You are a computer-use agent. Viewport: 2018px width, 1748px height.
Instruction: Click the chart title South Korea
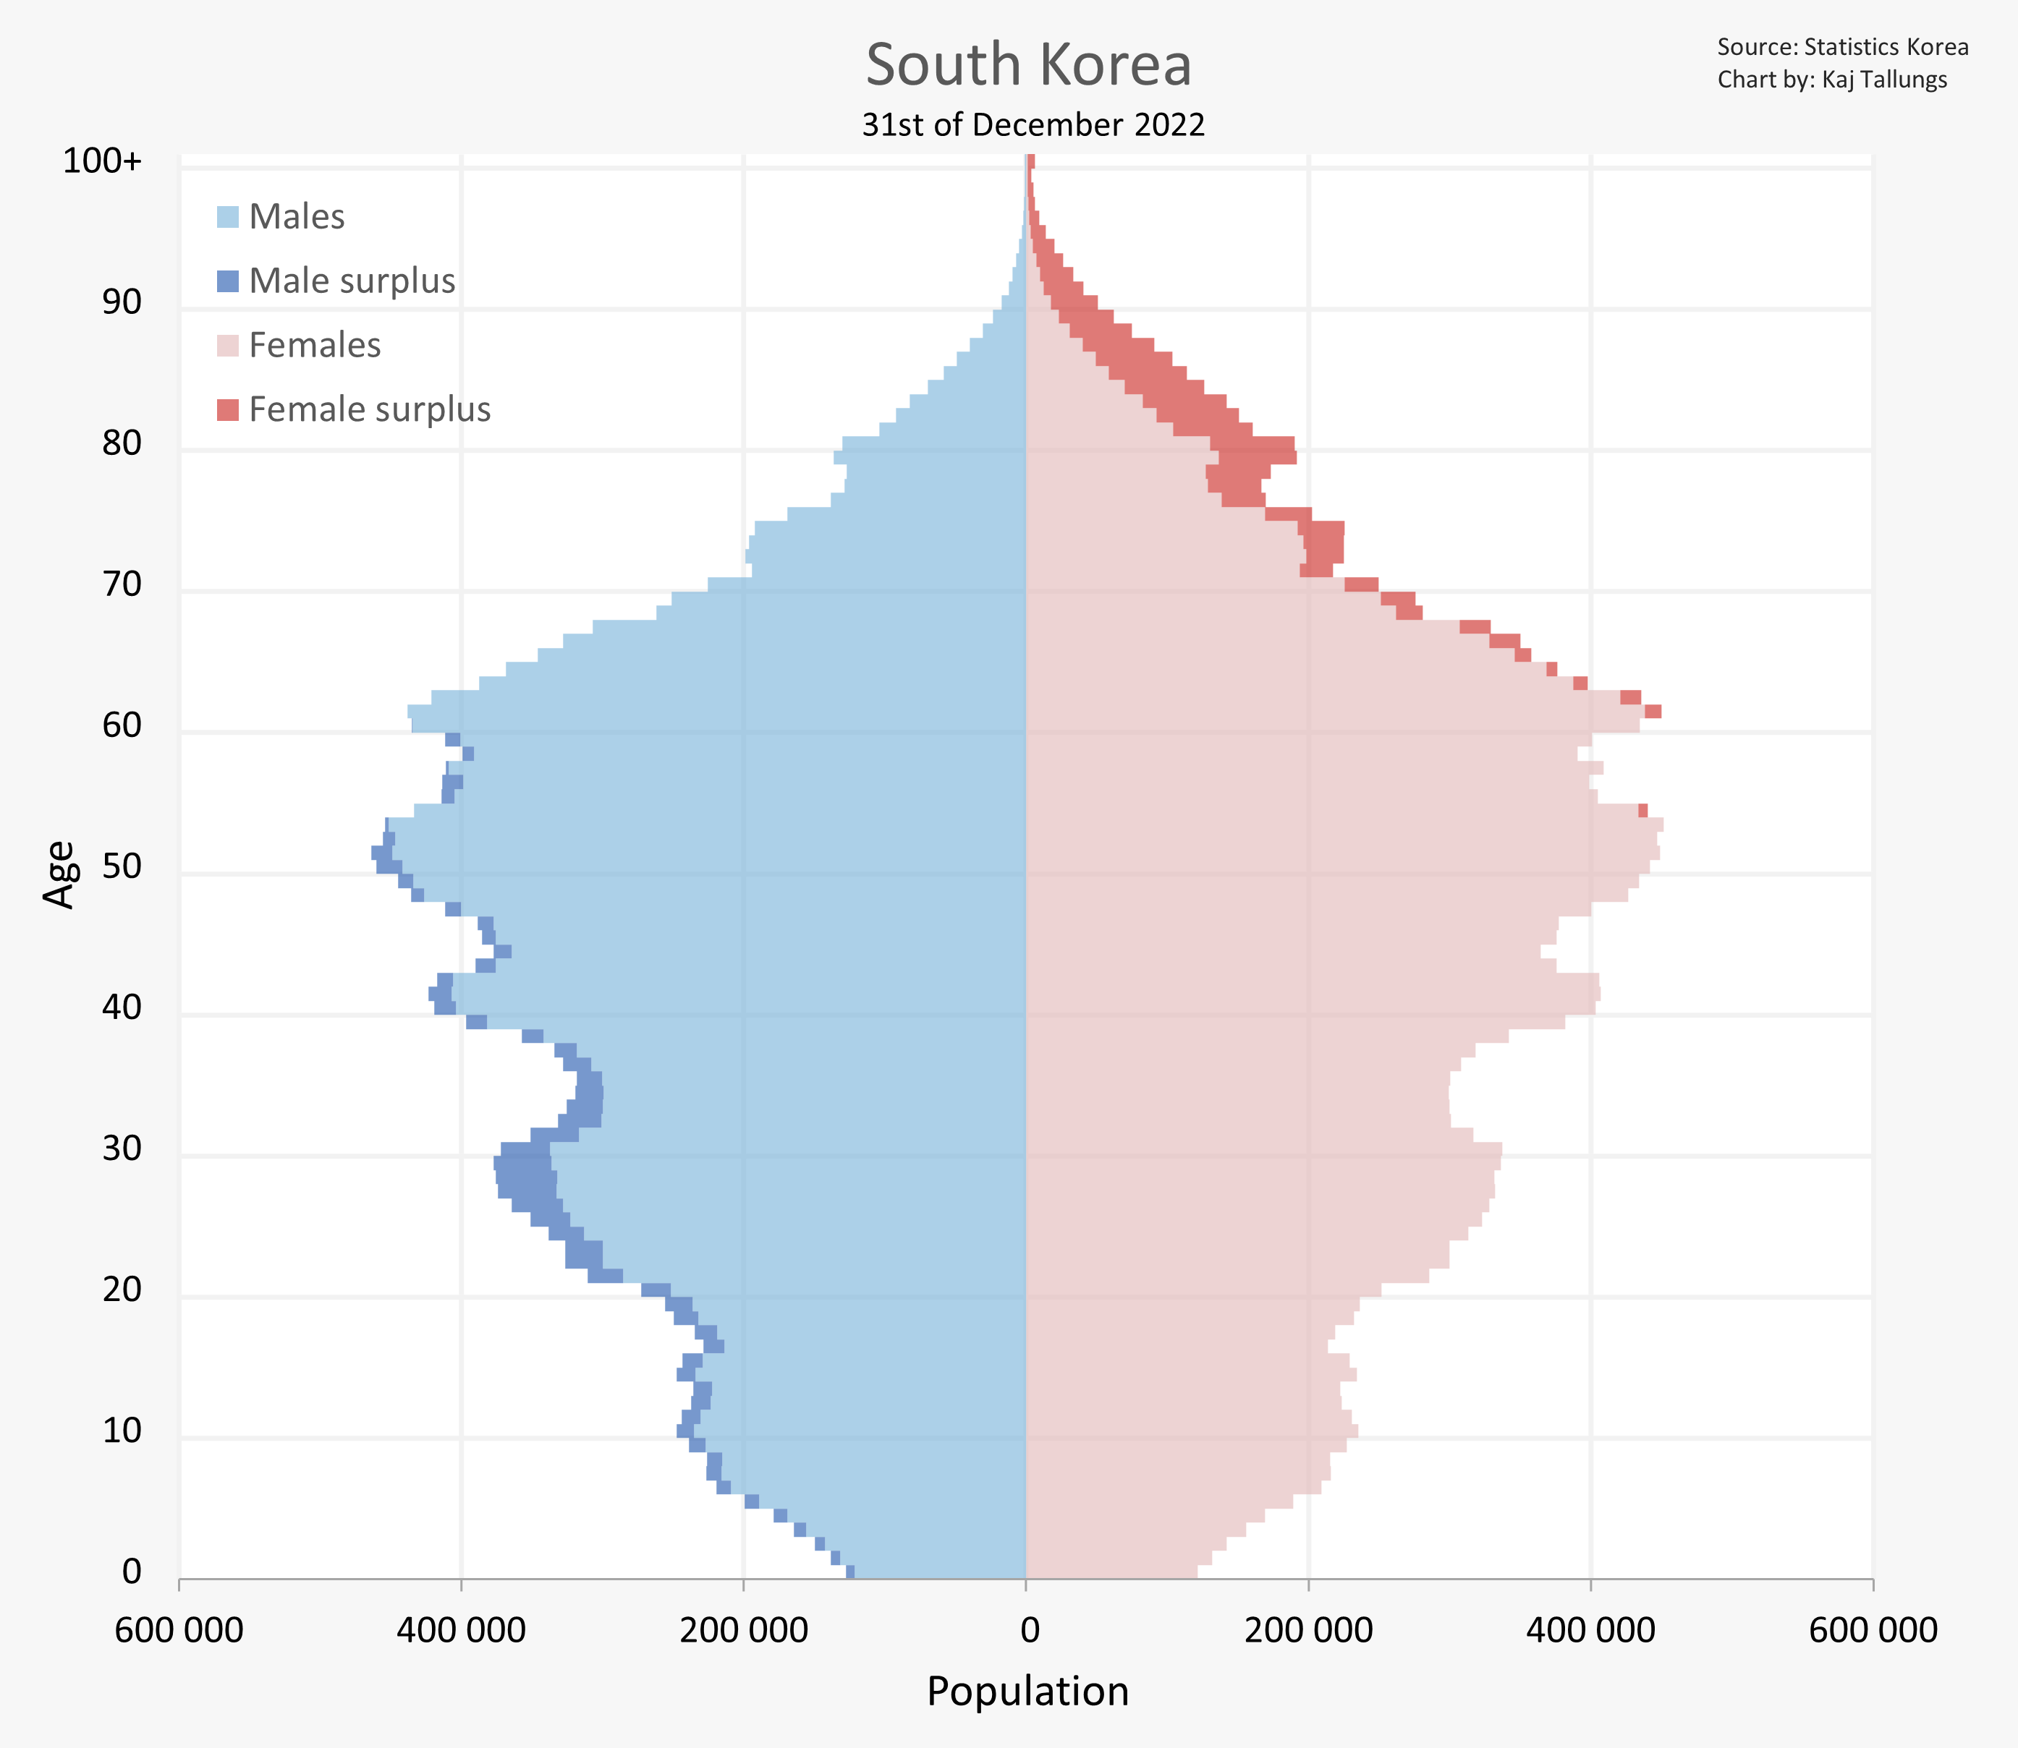click(x=1028, y=64)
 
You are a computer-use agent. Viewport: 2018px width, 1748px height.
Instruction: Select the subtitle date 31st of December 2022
click(x=1033, y=125)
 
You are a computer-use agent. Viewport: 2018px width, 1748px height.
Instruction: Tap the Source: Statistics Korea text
click(x=1842, y=47)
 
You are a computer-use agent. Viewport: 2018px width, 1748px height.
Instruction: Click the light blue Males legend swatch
click(x=227, y=216)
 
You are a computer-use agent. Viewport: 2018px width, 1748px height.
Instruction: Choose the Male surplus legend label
click(x=352, y=281)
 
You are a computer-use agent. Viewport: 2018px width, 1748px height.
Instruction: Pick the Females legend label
click(x=314, y=345)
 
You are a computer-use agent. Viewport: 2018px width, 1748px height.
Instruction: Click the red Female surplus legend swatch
click(x=227, y=409)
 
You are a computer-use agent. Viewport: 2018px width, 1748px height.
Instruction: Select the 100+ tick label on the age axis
click(x=103, y=161)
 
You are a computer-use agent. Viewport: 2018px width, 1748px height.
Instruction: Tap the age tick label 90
click(x=122, y=302)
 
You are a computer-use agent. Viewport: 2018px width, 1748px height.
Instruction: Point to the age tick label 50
click(x=122, y=866)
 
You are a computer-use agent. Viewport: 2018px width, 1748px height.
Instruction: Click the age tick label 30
click(x=122, y=1148)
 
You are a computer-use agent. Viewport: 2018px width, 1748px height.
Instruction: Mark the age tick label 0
click(x=132, y=1572)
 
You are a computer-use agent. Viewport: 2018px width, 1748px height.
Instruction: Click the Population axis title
click(x=1027, y=1692)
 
